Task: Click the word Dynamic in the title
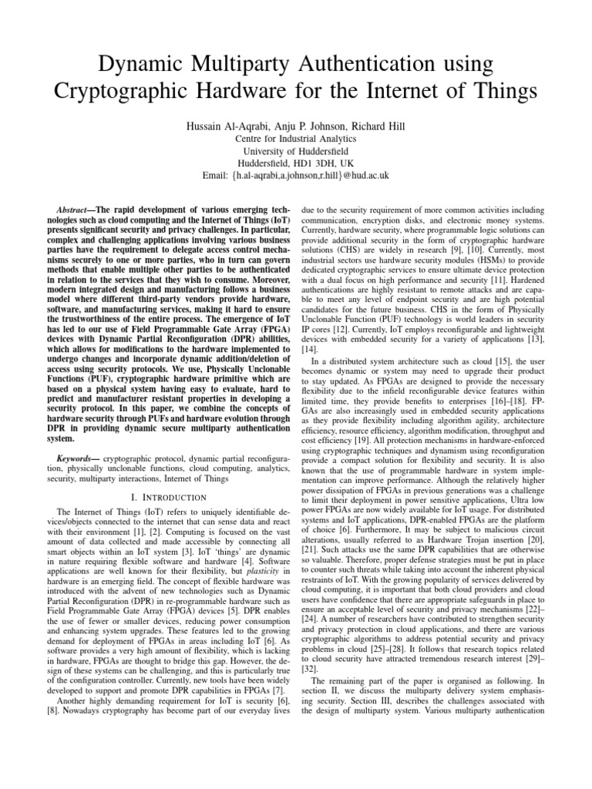click(143, 62)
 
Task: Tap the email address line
click(296, 175)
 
